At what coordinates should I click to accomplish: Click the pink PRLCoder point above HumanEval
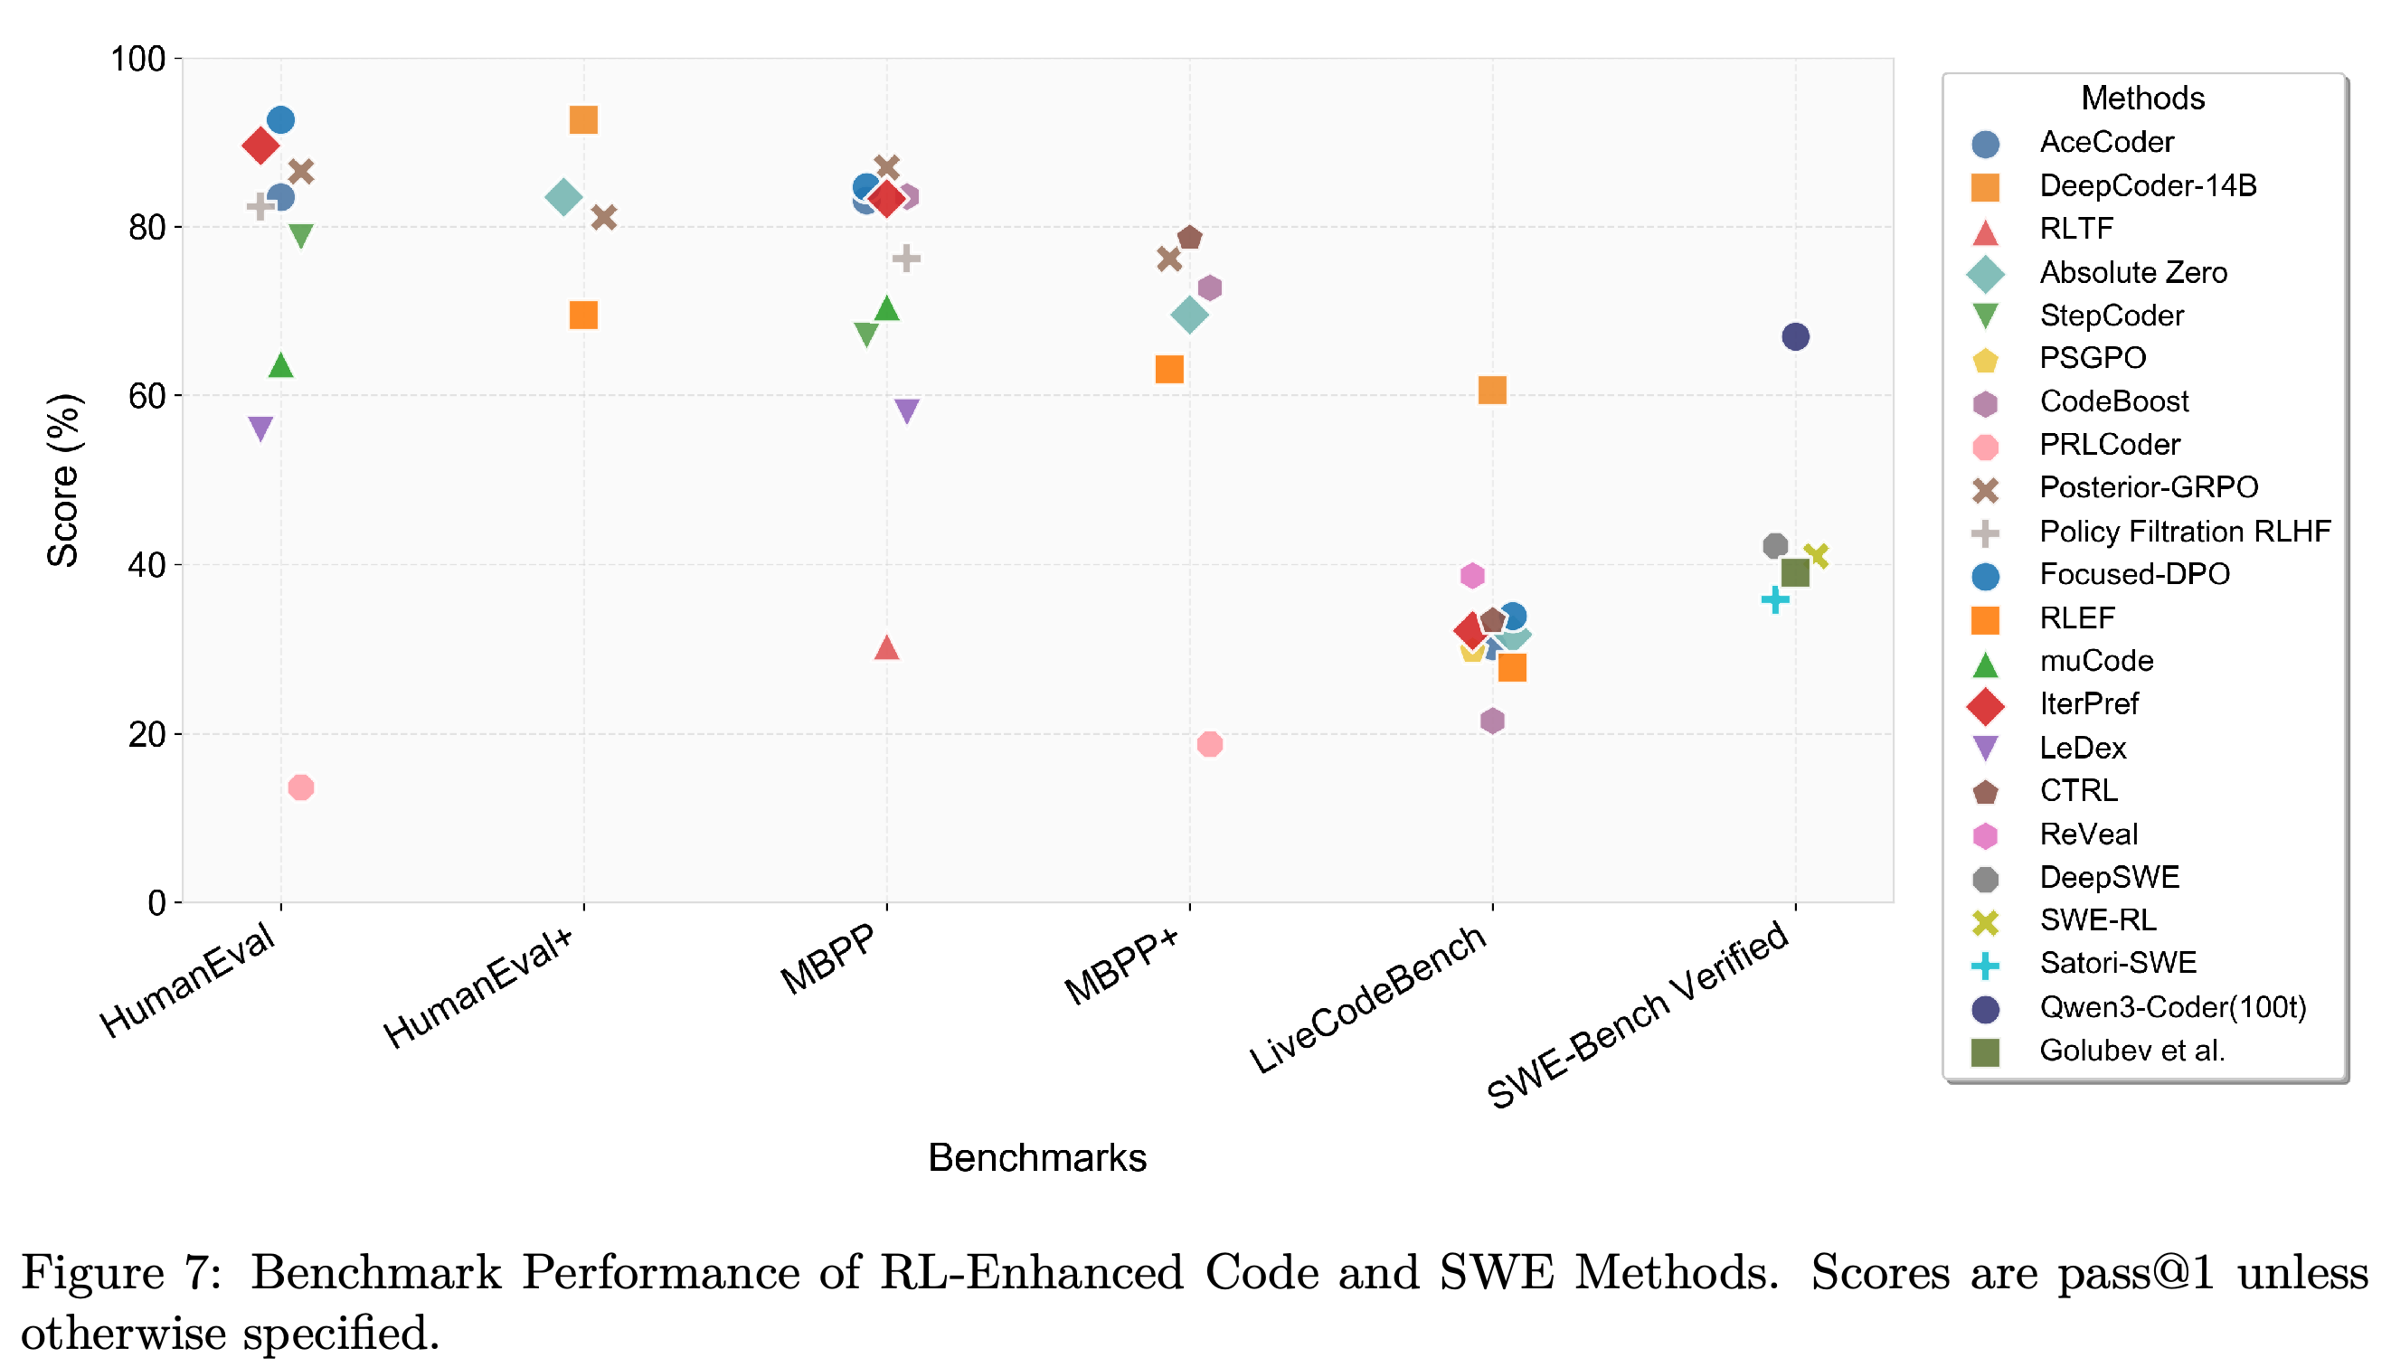pyautogui.click(x=300, y=787)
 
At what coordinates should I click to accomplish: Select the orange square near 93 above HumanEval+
pyautogui.click(x=583, y=120)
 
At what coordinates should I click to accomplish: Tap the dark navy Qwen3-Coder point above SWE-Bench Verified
pyautogui.click(x=1795, y=336)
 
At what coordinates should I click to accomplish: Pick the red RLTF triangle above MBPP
pyautogui.click(x=886, y=647)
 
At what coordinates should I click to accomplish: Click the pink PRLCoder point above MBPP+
pyautogui.click(x=1210, y=743)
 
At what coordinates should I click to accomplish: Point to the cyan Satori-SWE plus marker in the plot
pyautogui.click(x=1774, y=599)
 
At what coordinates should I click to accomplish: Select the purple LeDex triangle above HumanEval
pyautogui.click(x=260, y=429)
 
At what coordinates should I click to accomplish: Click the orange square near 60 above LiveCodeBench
pyautogui.click(x=1491, y=390)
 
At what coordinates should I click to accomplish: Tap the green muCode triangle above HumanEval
pyautogui.click(x=281, y=364)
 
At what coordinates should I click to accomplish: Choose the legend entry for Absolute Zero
pyautogui.click(x=2096, y=272)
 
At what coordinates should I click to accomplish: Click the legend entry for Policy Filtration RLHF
pyautogui.click(x=2149, y=532)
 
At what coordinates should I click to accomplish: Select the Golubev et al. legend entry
pyautogui.click(x=2096, y=1050)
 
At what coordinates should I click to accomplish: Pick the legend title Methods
pyautogui.click(x=2142, y=98)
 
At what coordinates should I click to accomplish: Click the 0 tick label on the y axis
pyautogui.click(x=156, y=902)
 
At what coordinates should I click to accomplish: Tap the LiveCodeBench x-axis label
pyautogui.click(x=1368, y=999)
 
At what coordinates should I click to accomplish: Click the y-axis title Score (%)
pyautogui.click(x=64, y=480)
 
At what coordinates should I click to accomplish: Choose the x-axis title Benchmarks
pyautogui.click(x=1036, y=1157)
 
